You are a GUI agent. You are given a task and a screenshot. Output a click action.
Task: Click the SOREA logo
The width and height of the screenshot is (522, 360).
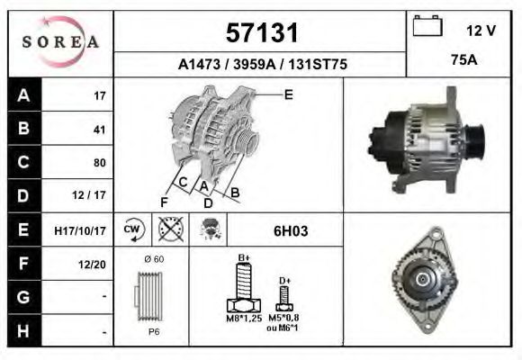tap(59, 42)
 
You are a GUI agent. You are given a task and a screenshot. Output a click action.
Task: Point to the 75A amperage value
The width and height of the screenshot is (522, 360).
tap(463, 61)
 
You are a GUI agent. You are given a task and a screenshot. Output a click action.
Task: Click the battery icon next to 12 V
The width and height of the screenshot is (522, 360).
tap(427, 27)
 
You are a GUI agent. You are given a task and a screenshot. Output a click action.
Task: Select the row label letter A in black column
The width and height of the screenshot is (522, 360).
tap(23, 95)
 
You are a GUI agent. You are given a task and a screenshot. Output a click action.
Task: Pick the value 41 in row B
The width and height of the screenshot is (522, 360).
tap(99, 130)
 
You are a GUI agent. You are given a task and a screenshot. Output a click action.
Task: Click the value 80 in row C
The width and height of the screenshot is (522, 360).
tap(99, 163)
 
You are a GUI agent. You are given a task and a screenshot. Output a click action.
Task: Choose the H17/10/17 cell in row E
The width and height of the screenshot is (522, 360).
tap(81, 230)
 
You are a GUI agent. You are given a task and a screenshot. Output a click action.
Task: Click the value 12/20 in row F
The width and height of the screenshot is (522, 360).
tap(94, 264)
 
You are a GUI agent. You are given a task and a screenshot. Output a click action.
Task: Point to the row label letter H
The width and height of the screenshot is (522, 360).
tap(23, 330)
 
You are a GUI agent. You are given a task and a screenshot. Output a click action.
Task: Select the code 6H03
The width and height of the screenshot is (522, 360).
tap(291, 230)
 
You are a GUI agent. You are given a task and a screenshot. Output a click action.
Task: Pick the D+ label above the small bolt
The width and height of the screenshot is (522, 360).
tap(284, 281)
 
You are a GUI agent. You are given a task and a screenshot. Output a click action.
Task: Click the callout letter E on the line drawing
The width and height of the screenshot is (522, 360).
tap(288, 94)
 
